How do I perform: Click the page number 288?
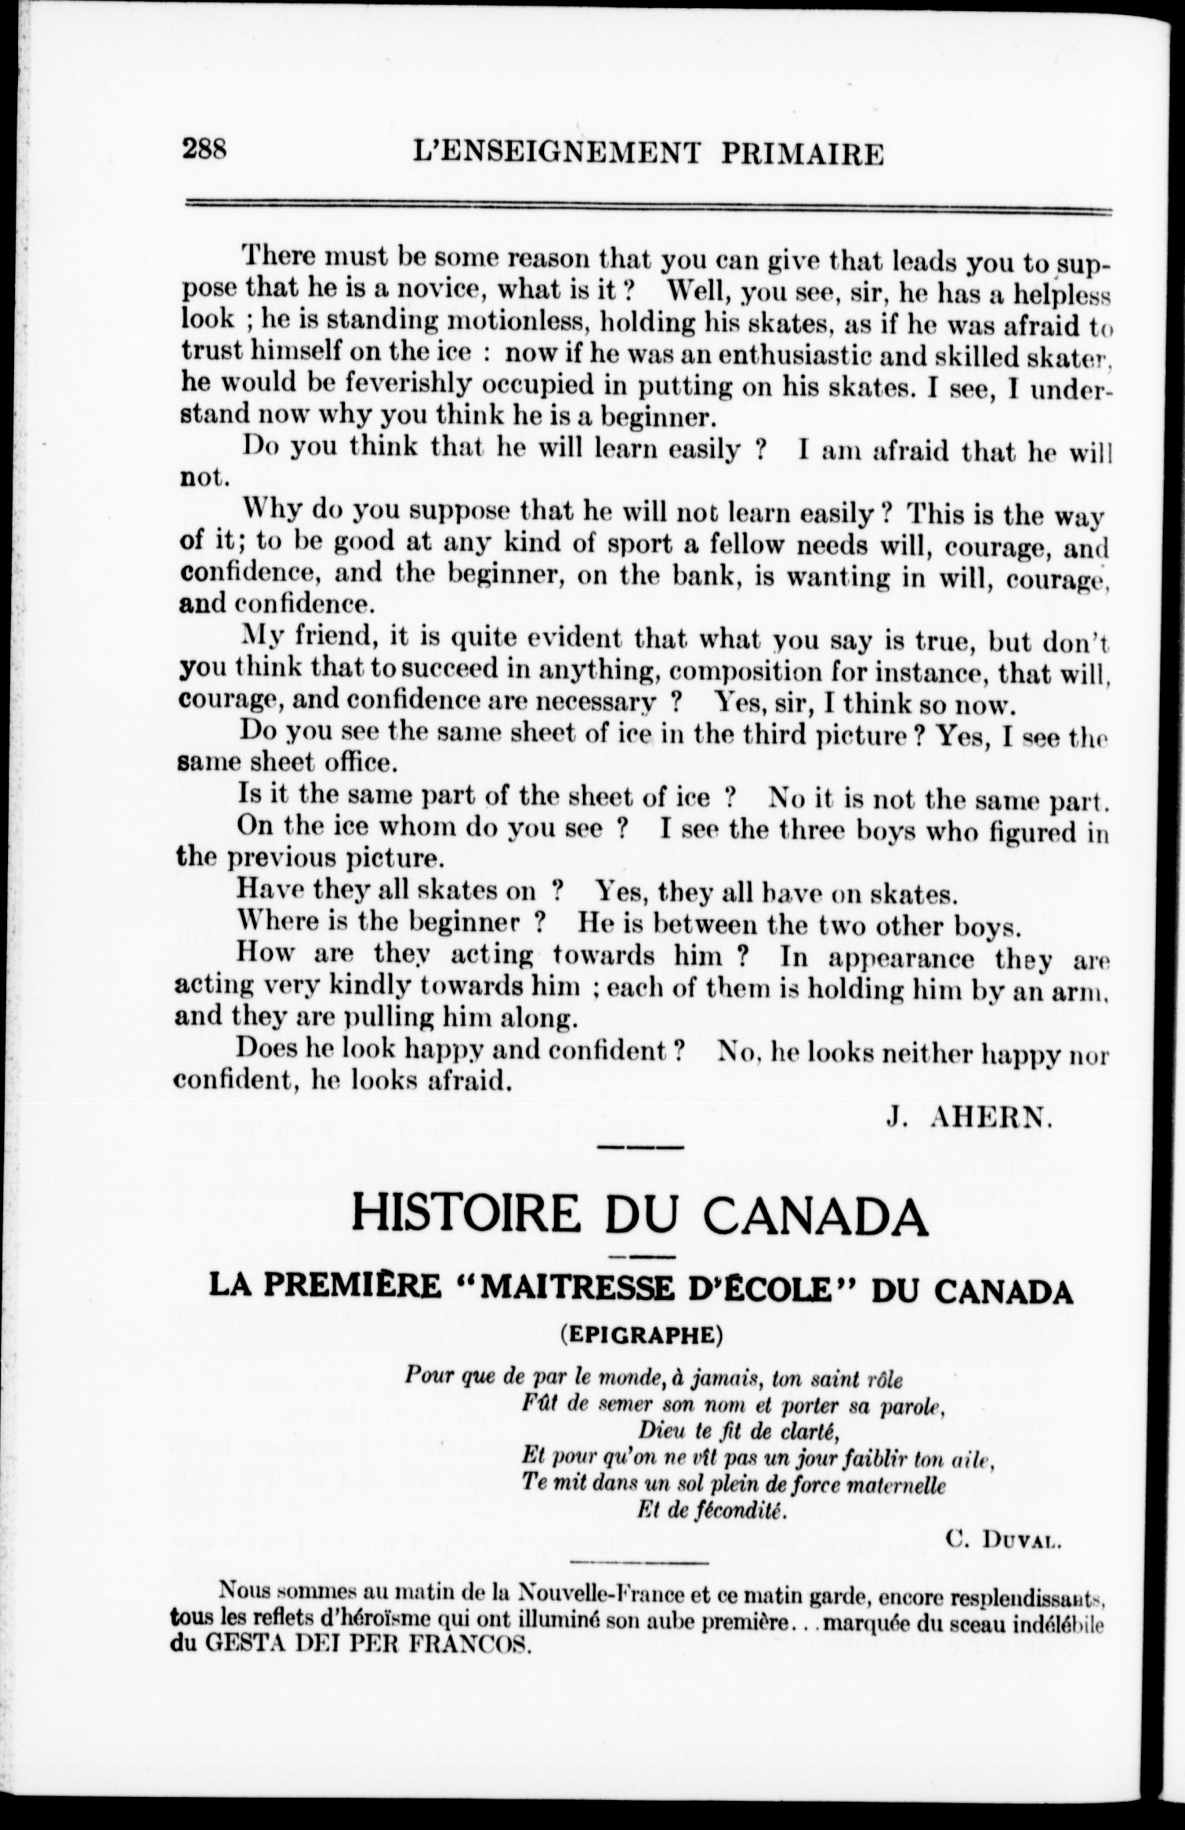coord(204,148)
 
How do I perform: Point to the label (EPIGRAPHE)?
coord(642,1336)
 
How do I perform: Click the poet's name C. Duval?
coord(1003,1540)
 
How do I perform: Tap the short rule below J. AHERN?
coord(640,1148)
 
